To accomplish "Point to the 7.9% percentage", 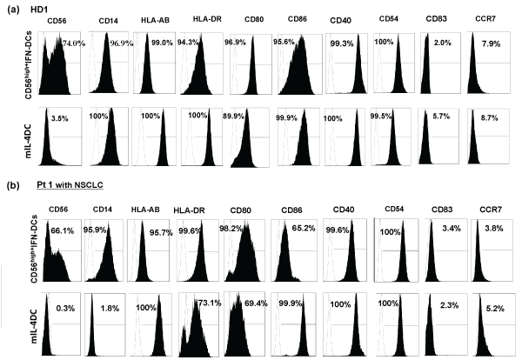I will pyautogui.click(x=488, y=44).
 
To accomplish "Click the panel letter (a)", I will pyautogui.click(x=12, y=8).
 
